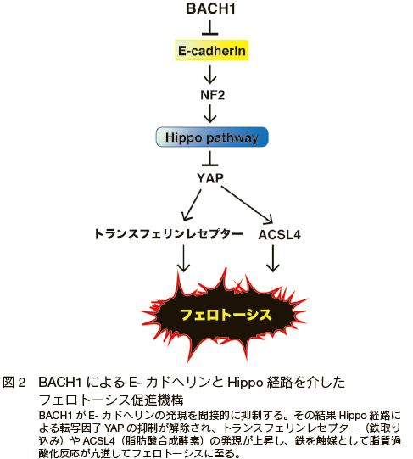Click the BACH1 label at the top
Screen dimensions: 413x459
pyautogui.click(x=211, y=8)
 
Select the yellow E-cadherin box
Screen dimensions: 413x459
pyautogui.click(x=212, y=50)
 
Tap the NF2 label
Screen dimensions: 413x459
pyautogui.click(x=213, y=95)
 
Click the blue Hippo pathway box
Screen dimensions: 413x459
pyautogui.click(x=212, y=137)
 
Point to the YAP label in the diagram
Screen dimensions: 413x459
pyautogui.click(x=210, y=178)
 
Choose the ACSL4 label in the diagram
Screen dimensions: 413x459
pyautogui.click(x=280, y=235)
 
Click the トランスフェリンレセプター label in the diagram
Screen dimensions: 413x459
pyautogui.click(x=168, y=234)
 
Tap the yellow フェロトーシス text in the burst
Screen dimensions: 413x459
pyautogui.click(x=226, y=315)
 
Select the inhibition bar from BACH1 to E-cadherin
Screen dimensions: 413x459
pyautogui.click(x=210, y=27)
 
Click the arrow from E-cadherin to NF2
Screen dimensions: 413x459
pyautogui.click(x=210, y=75)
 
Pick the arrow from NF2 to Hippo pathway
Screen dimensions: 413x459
pyautogui.click(x=210, y=114)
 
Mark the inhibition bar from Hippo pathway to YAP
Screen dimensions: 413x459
pyautogui.click(x=210, y=159)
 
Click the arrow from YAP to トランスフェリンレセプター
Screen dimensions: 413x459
pyautogui.click(x=192, y=205)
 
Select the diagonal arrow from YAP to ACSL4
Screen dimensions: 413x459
pyautogui.click(x=248, y=204)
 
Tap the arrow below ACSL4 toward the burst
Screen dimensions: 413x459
pyautogui.click(x=273, y=258)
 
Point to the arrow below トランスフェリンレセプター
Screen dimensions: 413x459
pyautogui.click(x=183, y=258)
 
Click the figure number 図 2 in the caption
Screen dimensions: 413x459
pyautogui.click(x=14, y=383)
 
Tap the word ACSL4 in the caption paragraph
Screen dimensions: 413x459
pyautogui.click(x=99, y=441)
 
